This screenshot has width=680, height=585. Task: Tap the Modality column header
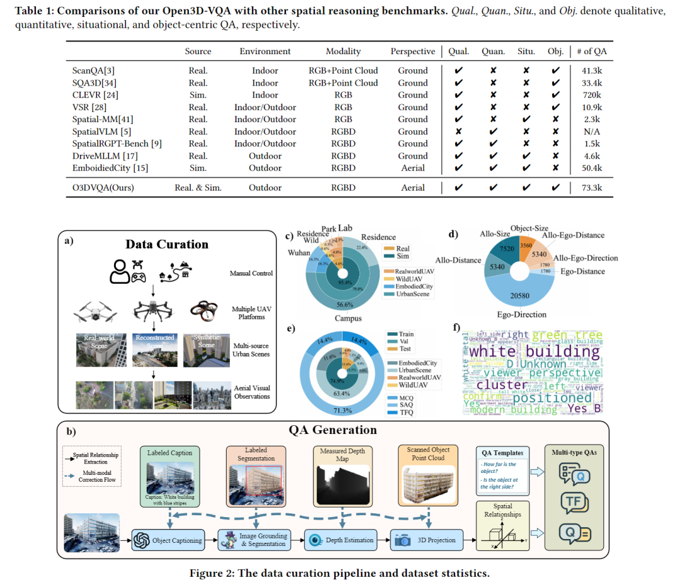pos(343,52)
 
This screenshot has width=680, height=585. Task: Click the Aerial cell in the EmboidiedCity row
pos(412,168)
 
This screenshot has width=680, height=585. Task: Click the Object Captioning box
pos(168,540)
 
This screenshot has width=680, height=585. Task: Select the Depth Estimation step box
pos(341,540)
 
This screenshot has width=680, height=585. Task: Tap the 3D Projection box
pos(429,540)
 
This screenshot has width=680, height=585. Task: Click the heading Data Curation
pos(166,245)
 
